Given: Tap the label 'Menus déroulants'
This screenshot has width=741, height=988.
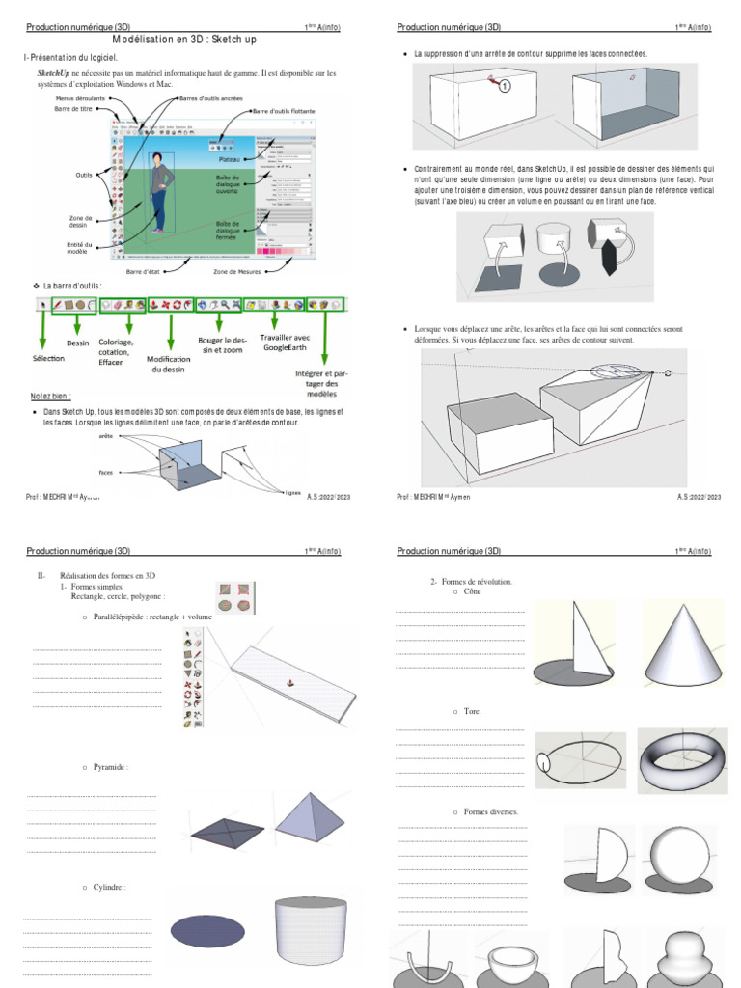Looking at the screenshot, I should click(x=81, y=98).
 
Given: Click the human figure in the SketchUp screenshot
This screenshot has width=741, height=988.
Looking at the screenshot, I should click(x=158, y=192).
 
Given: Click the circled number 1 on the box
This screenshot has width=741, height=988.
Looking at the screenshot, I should click(x=505, y=86).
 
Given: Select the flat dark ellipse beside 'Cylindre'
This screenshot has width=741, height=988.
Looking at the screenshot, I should click(x=207, y=930).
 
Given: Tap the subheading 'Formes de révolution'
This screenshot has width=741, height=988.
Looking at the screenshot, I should click(x=471, y=582).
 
